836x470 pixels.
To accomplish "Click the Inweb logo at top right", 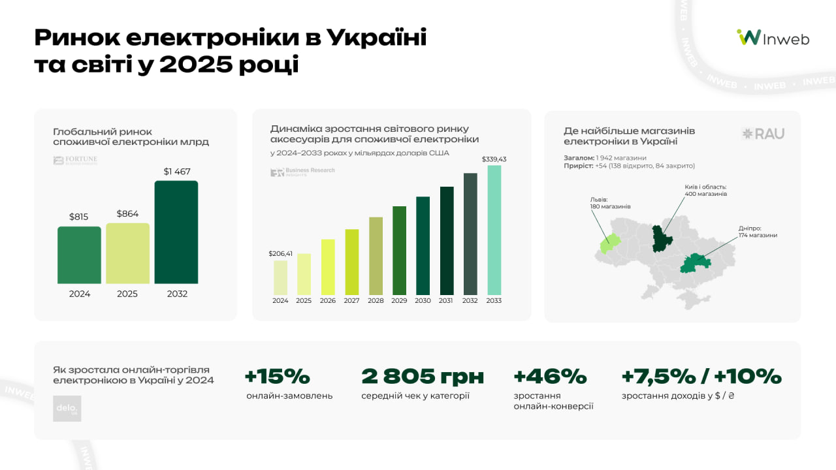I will click(773, 38).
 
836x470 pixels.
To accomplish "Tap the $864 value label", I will click(127, 213).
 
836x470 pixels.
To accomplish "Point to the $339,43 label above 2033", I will click(494, 159).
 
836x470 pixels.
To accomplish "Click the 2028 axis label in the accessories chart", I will click(376, 301).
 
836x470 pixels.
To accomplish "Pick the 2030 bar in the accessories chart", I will click(423, 245).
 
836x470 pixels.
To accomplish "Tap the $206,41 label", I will click(280, 253).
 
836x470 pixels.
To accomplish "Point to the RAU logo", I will click(764, 134).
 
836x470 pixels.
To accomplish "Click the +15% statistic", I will click(277, 377).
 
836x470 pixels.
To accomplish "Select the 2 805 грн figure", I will click(423, 377).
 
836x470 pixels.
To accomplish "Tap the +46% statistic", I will click(550, 377).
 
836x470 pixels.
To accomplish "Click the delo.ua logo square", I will click(67, 408).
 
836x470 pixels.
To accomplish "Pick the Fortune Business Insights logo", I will click(75, 161).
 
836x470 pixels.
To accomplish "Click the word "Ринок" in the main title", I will click(74, 38).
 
